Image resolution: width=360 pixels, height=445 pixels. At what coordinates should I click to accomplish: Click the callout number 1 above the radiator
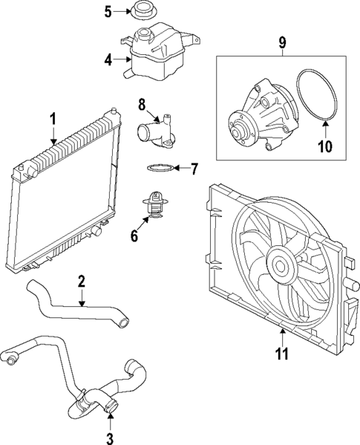tap(53, 121)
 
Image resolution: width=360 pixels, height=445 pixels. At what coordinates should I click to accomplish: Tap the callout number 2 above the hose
tap(82, 281)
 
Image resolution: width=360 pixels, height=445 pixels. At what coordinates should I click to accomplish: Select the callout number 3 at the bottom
tap(110, 438)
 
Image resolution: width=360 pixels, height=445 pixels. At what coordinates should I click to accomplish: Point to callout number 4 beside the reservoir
tap(108, 60)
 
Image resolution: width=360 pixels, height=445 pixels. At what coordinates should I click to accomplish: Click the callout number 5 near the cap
tap(108, 12)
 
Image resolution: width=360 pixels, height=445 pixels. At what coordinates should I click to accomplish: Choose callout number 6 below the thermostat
tap(134, 236)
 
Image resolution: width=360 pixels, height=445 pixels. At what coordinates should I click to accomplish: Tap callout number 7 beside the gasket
tap(194, 169)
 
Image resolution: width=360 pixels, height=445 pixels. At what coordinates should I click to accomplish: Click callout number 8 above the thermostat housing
tap(142, 104)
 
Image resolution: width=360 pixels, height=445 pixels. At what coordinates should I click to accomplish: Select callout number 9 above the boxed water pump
tap(282, 42)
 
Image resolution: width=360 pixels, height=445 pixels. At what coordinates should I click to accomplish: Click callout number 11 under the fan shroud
tap(282, 353)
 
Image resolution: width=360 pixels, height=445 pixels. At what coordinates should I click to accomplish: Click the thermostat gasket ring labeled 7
tap(160, 169)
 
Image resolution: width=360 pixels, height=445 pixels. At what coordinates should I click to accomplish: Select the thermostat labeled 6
tap(154, 204)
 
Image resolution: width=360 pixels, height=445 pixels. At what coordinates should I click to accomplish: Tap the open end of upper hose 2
tap(124, 322)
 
